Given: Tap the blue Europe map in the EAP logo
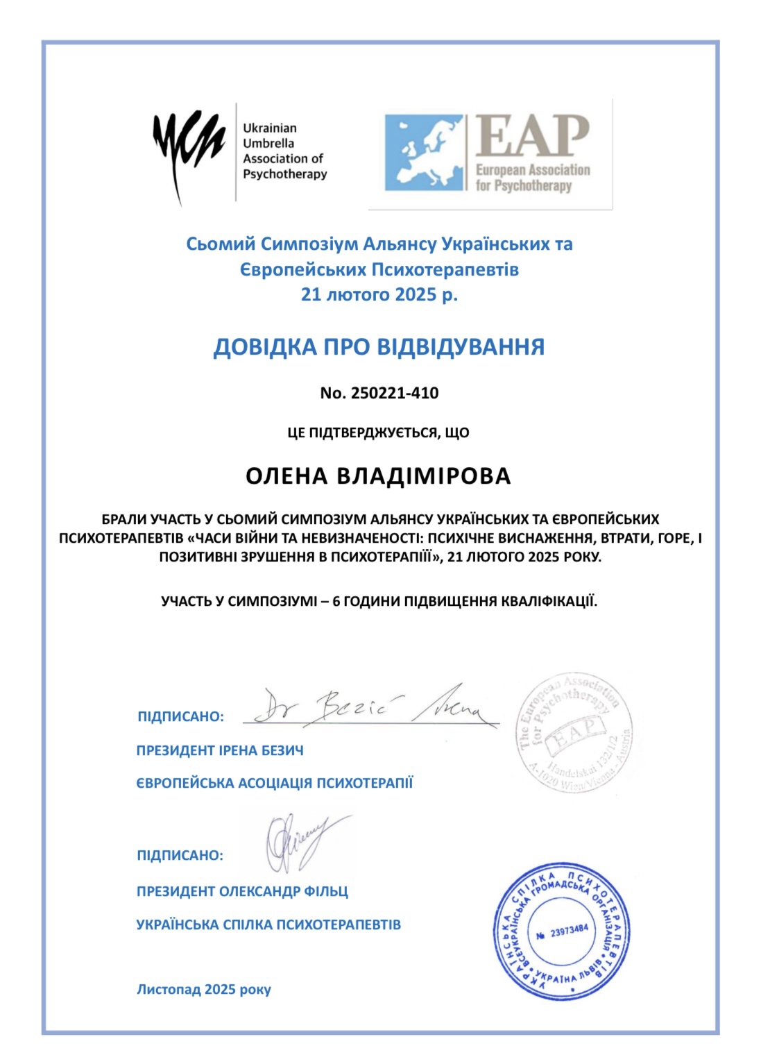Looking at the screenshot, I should coord(425,153).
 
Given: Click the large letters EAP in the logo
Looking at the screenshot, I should coord(533,136).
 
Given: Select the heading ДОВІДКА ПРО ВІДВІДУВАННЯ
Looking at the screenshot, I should coord(379,346).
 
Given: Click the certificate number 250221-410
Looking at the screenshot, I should coord(395,393).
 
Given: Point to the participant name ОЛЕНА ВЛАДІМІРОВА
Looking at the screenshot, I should coord(379,476).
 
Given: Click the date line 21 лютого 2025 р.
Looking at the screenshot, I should coord(379,294).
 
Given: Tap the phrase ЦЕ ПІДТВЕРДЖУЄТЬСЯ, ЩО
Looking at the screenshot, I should coord(379,432).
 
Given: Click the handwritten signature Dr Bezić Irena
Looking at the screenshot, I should coord(371,706).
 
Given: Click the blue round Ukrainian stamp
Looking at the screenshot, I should coord(562,931).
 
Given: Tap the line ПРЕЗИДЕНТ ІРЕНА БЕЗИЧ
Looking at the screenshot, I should coord(220,750).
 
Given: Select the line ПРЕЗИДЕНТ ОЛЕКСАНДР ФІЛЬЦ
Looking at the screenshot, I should coord(242,891).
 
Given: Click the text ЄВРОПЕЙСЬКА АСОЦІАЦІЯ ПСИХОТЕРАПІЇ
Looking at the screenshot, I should coord(275,783).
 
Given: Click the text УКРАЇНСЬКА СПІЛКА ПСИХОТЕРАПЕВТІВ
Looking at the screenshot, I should coord(268,924).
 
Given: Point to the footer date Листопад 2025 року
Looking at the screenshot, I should coord(204,989).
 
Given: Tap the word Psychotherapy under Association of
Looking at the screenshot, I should coord(285,174).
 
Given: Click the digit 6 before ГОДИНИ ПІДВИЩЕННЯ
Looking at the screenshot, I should coord(336,601).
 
